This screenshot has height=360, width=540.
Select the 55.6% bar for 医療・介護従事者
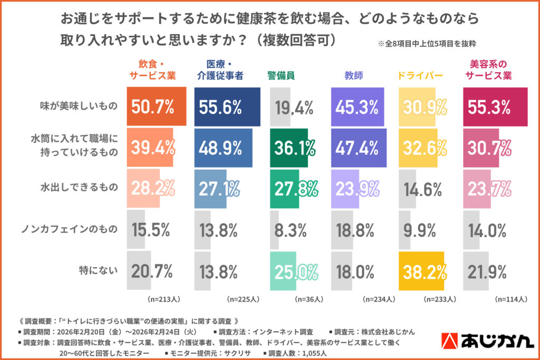[227, 108]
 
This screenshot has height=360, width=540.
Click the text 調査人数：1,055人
[297, 353]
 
